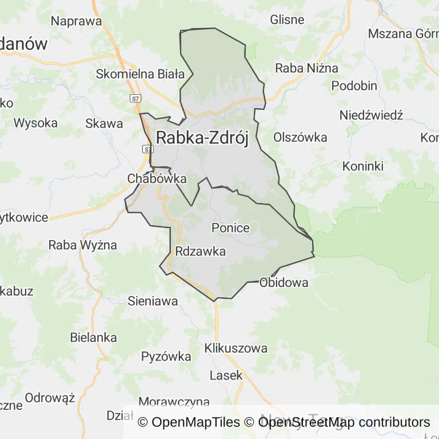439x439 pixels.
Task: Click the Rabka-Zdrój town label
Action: click(202, 138)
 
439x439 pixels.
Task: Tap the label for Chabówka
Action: click(157, 178)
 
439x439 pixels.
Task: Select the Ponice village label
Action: click(230, 228)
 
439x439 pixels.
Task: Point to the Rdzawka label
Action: click(201, 252)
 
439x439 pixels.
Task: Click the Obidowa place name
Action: click(284, 282)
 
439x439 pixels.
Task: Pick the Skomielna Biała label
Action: click(140, 74)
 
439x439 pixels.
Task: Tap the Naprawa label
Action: click(76, 22)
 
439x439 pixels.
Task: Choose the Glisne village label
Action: click(287, 19)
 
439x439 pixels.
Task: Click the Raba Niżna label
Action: click(306, 68)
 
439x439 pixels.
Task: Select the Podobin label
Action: click(354, 86)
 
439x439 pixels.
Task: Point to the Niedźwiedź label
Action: click(371, 115)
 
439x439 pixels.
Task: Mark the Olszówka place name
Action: click(300, 137)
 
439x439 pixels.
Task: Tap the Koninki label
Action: click(362, 166)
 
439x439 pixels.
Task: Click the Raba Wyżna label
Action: click(82, 245)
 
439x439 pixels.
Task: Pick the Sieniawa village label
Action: click(153, 301)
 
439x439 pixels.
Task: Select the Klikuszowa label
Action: click(236, 348)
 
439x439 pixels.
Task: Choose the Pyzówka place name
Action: click(166, 357)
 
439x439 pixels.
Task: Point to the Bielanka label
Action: click(93, 337)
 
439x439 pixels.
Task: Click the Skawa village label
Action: click(103, 123)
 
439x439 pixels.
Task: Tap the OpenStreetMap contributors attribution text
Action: click(344, 422)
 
